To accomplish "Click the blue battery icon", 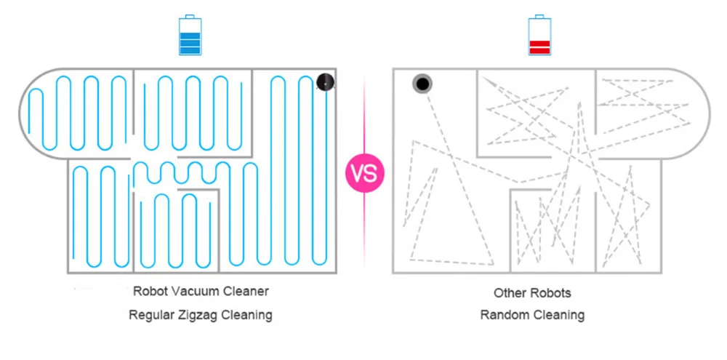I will coord(189,36).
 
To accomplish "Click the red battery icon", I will coord(539,36).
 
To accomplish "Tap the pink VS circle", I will coord(364,174).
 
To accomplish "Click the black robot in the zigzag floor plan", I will coord(326,83).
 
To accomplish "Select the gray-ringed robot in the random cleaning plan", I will coord(422,84).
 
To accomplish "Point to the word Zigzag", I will coord(200,315).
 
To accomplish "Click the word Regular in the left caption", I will coord(151,315).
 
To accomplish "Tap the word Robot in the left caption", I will coord(150,292).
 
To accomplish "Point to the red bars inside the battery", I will coord(539,47).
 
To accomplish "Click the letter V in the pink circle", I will coord(358,174).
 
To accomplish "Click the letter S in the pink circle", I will coord(371,174).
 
